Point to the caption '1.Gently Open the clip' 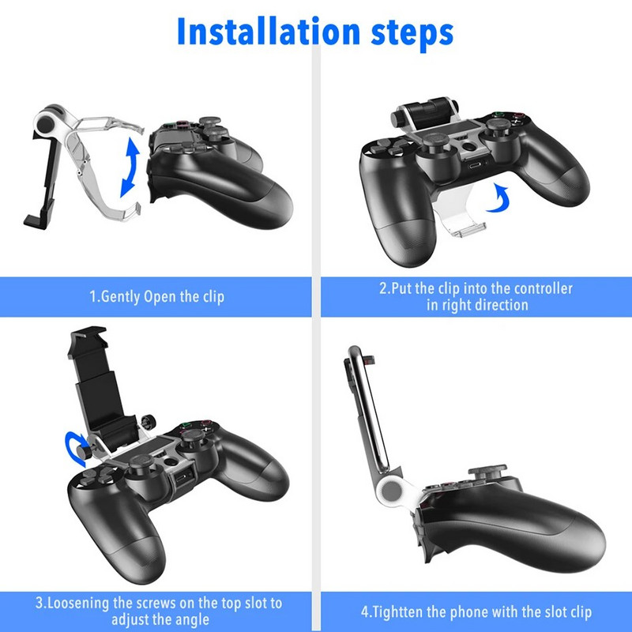point(156,297)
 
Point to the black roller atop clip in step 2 point(427,106)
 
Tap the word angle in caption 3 point(190,619)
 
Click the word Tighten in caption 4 point(399,612)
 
